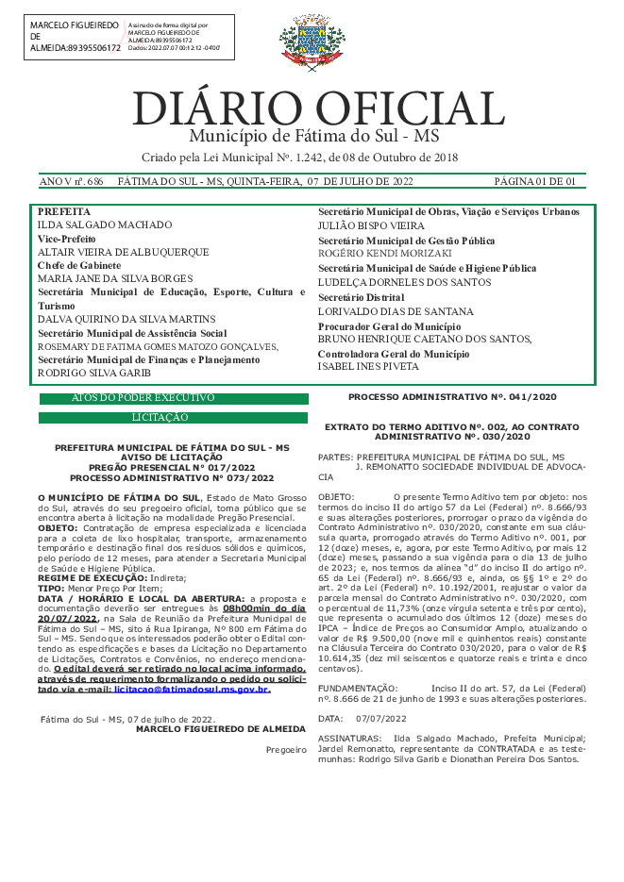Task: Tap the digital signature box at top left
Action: coord(126,37)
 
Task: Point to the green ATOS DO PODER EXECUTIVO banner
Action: coord(173,400)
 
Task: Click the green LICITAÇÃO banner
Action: coord(173,417)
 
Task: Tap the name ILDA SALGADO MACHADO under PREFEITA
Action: coord(104,225)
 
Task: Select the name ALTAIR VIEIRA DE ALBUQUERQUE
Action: coord(123,253)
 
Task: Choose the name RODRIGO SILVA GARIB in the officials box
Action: coord(94,373)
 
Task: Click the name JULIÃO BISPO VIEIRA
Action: coord(371,226)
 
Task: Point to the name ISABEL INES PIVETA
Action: coord(368,365)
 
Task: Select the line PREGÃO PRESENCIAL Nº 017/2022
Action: coord(172,467)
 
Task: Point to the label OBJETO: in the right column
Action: coord(336,495)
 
